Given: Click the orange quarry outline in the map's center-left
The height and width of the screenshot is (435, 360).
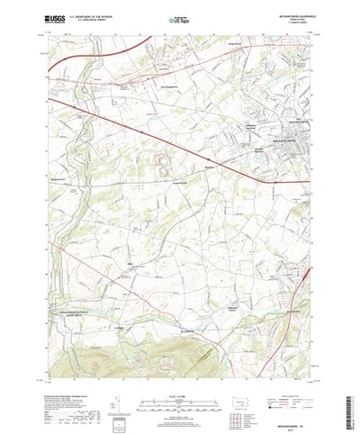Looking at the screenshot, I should tap(164, 161).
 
